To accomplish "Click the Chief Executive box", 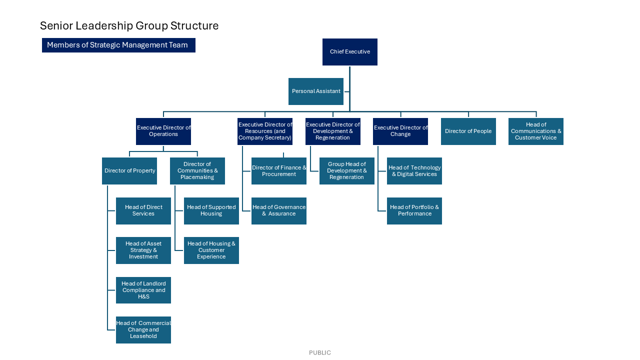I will pyautogui.click(x=350, y=52).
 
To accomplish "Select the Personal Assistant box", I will pyautogui.click(x=316, y=91).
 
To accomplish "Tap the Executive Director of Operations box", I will pyautogui.click(x=163, y=131).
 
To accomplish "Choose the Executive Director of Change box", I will pyautogui.click(x=400, y=131).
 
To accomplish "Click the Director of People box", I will pyautogui.click(x=468, y=131).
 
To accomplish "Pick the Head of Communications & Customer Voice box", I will pyautogui.click(x=536, y=131).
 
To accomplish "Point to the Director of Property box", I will pyautogui.click(x=129, y=171).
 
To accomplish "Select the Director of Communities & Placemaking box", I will pyautogui.click(x=197, y=171).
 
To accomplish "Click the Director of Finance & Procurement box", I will pyautogui.click(x=279, y=171).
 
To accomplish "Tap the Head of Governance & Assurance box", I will pyautogui.click(x=279, y=211).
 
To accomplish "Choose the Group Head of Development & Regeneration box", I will pyautogui.click(x=347, y=171).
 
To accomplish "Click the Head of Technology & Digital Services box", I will pyautogui.click(x=414, y=171).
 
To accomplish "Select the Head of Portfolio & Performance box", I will pyautogui.click(x=414, y=211).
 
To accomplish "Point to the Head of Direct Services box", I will pyautogui.click(x=143, y=211).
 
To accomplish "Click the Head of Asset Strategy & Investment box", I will pyautogui.click(x=143, y=250).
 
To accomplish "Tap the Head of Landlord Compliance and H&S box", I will pyautogui.click(x=143, y=290).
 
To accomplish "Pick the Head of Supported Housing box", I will pyautogui.click(x=211, y=211).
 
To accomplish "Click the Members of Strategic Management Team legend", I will pyautogui.click(x=118, y=45).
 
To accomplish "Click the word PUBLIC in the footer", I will pyautogui.click(x=320, y=352).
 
